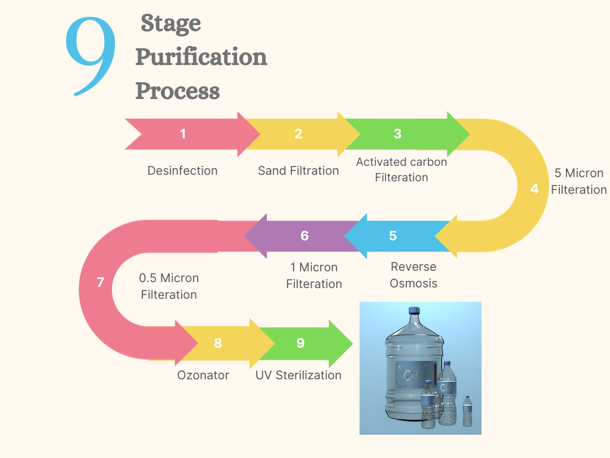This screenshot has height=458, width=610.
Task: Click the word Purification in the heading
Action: [201, 58]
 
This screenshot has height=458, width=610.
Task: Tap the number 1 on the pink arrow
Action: [183, 134]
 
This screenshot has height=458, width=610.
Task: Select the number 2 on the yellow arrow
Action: [298, 134]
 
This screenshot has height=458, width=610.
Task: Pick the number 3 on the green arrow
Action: [397, 134]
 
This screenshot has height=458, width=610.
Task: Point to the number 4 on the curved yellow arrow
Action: [534, 188]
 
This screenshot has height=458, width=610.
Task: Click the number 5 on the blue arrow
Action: [393, 236]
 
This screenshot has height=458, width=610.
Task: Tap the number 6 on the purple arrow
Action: [304, 236]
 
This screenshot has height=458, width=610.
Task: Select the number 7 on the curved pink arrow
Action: [100, 282]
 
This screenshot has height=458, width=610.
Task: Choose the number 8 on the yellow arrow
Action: [217, 343]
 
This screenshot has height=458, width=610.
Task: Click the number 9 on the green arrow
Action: [300, 343]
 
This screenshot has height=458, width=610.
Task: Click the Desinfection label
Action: [182, 171]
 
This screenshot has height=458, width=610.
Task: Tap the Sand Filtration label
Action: [298, 171]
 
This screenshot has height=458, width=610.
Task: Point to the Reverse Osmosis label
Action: [413, 275]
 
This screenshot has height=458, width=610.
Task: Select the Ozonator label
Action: [203, 375]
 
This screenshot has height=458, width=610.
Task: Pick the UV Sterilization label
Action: [298, 375]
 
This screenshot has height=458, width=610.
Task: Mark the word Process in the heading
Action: [178, 91]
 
